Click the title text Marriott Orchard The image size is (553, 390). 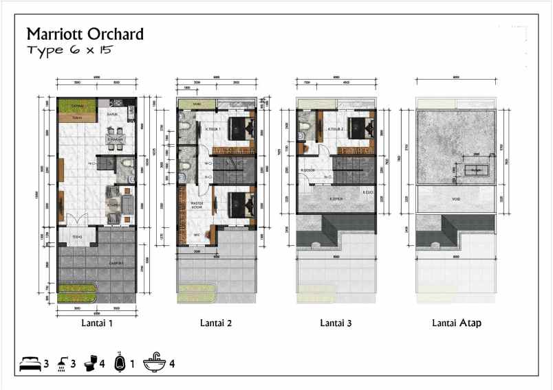click(85, 34)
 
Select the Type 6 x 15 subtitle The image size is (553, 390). click(69, 51)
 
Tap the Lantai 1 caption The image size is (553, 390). click(97, 322)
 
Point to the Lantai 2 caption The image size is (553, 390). click(216, 322)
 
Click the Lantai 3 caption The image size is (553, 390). click(337, 322)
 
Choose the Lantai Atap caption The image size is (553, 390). click(456, 322)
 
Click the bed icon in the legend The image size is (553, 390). click(30, 363)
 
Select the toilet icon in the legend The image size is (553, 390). click(91, 363)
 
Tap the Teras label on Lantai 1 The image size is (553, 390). click(77, 237)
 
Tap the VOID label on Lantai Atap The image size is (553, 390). click(455, 199)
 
